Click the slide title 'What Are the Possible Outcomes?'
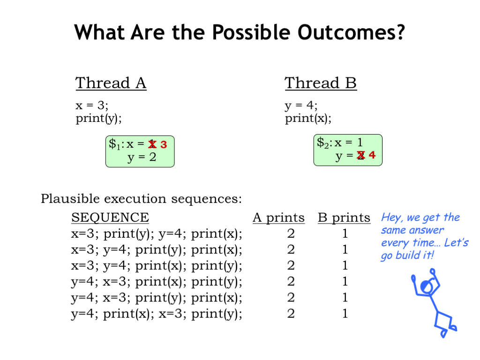[x=240, y=32]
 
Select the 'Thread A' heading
[x=111, y=83]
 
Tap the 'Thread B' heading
[x=321, y=83]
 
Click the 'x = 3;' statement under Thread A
[x=92, y=105]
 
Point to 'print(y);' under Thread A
[x=98, y=118]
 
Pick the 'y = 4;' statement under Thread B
[x=301, y=105]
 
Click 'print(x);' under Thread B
[x=308, y=118]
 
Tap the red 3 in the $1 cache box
[x=164, y=144]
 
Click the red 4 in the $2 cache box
[x=372, y=155]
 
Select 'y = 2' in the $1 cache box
[x=142, y=157]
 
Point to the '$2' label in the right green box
[x=322, y=143]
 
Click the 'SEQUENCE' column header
[x=110, y=217]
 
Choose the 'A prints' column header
[x=278, y=217]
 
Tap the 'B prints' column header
[x=344, y=217]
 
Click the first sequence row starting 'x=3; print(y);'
[x=157, y=234]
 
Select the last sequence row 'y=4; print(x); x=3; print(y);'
[x=157, y=314]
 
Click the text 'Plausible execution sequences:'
[x=142, y=199]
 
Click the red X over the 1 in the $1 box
[x=152, y=144]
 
